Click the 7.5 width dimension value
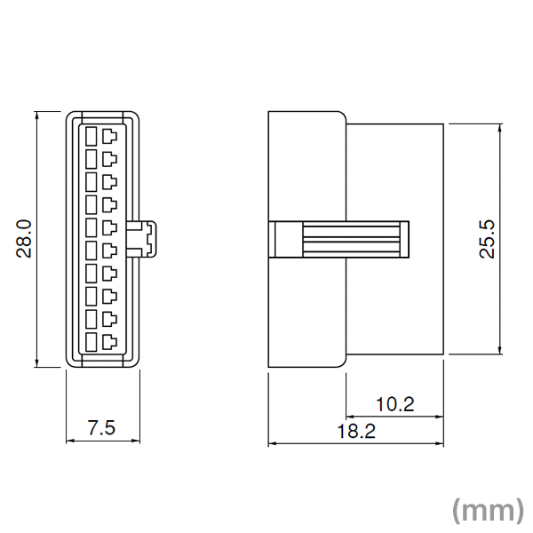pos(101,428)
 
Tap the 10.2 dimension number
pos(394,405)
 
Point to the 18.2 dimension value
pos(356,432)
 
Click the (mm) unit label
pos(487,510)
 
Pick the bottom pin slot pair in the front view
pos(100,341)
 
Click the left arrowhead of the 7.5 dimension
pos(70,441)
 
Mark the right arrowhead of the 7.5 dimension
pos(135,441)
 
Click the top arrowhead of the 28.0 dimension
pos(36,115)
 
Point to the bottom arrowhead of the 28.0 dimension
pos(36,362)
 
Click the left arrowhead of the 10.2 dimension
pos(348,417)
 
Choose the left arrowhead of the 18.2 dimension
pos(272,443)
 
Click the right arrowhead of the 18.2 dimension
pos(441,443)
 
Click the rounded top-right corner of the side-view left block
pos(341,115)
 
